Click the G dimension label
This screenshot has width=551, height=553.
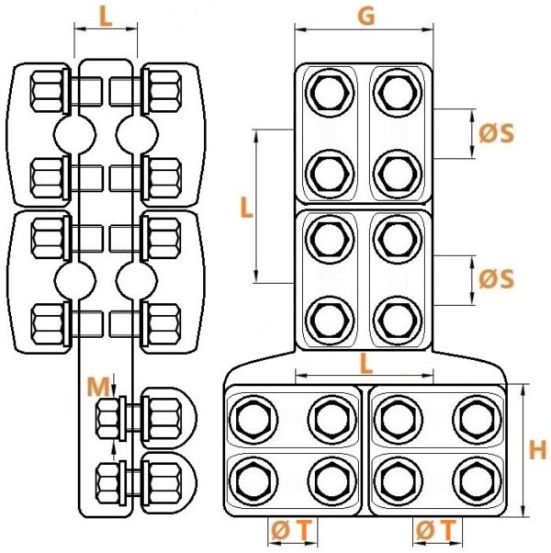(x=366, y=17)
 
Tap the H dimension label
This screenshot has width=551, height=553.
(x=538, y=450)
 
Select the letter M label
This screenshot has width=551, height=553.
(x=97, y=387)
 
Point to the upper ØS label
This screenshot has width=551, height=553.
(x=496, y=133)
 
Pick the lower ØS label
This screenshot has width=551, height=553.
(x=496, y=279)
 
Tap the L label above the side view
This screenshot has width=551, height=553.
(x=106, y=17)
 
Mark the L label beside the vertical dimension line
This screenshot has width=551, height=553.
(x=246, y=208)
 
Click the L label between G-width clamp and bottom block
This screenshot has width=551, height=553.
(x=366, y=364)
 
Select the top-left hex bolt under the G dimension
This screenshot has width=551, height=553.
(x=330, y=93)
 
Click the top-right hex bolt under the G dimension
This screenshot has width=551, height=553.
(x=398, y=93)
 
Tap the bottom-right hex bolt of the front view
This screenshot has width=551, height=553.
(x=478, y=481)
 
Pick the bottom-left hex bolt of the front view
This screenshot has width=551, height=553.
(x=253, y=481)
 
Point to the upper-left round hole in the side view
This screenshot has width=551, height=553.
(x=74, y=134)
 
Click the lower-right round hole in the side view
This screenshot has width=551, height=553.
(x=137, y=279)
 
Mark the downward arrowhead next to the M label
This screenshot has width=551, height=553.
(x=114, y=390)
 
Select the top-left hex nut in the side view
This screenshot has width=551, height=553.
(x=47, y=92)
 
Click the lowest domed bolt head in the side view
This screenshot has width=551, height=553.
(x=168, y=482)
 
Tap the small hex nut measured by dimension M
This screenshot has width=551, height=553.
(x=108, y=419)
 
